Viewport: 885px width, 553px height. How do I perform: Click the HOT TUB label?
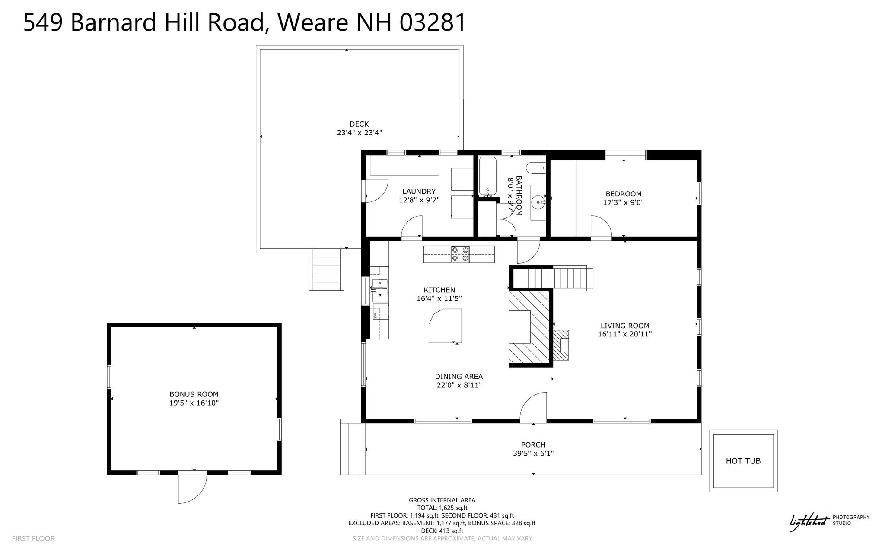coord(743,461)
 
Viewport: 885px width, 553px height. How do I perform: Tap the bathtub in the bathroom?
coord(487,176)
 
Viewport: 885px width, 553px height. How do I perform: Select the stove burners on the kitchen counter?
coord(460,254)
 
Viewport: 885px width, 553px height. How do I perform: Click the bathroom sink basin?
coord(538,201)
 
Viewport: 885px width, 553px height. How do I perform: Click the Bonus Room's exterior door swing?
coord(192,487)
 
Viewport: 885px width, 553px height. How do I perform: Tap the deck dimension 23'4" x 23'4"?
coord(360,133)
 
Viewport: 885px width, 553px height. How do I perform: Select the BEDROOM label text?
coord(624,194)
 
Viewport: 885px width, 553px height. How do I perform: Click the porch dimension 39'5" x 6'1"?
coord(533,453)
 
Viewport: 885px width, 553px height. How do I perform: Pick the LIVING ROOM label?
coord(625,326)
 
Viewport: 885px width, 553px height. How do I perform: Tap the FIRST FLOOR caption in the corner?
coord(33,539)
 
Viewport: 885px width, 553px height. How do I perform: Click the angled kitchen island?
coord(445,326)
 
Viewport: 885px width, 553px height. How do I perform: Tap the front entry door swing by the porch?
coord(533,406)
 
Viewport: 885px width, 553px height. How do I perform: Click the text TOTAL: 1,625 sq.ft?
coord(442,508)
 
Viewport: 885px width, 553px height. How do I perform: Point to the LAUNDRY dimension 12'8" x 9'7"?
coord(419,200)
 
